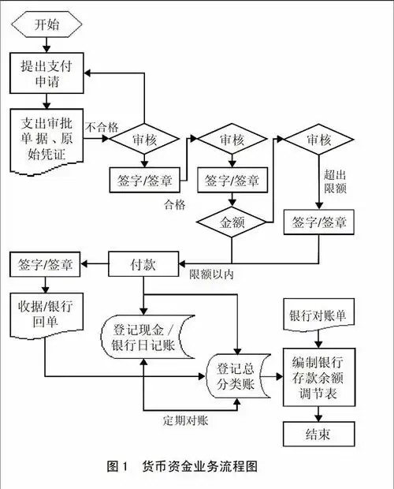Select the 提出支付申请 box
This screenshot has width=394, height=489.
point(47,73)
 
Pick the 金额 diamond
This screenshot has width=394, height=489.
point(232,222)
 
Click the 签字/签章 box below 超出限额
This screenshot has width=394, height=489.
point(319,222)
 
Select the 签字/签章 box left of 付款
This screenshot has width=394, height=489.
point(45,263)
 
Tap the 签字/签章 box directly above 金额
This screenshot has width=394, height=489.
point(232,180)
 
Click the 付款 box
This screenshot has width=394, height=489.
point(143,264)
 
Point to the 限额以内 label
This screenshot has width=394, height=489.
point(211,275)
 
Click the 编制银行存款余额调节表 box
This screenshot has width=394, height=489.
point(318,375)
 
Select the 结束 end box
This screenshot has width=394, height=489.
point(318,432)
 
